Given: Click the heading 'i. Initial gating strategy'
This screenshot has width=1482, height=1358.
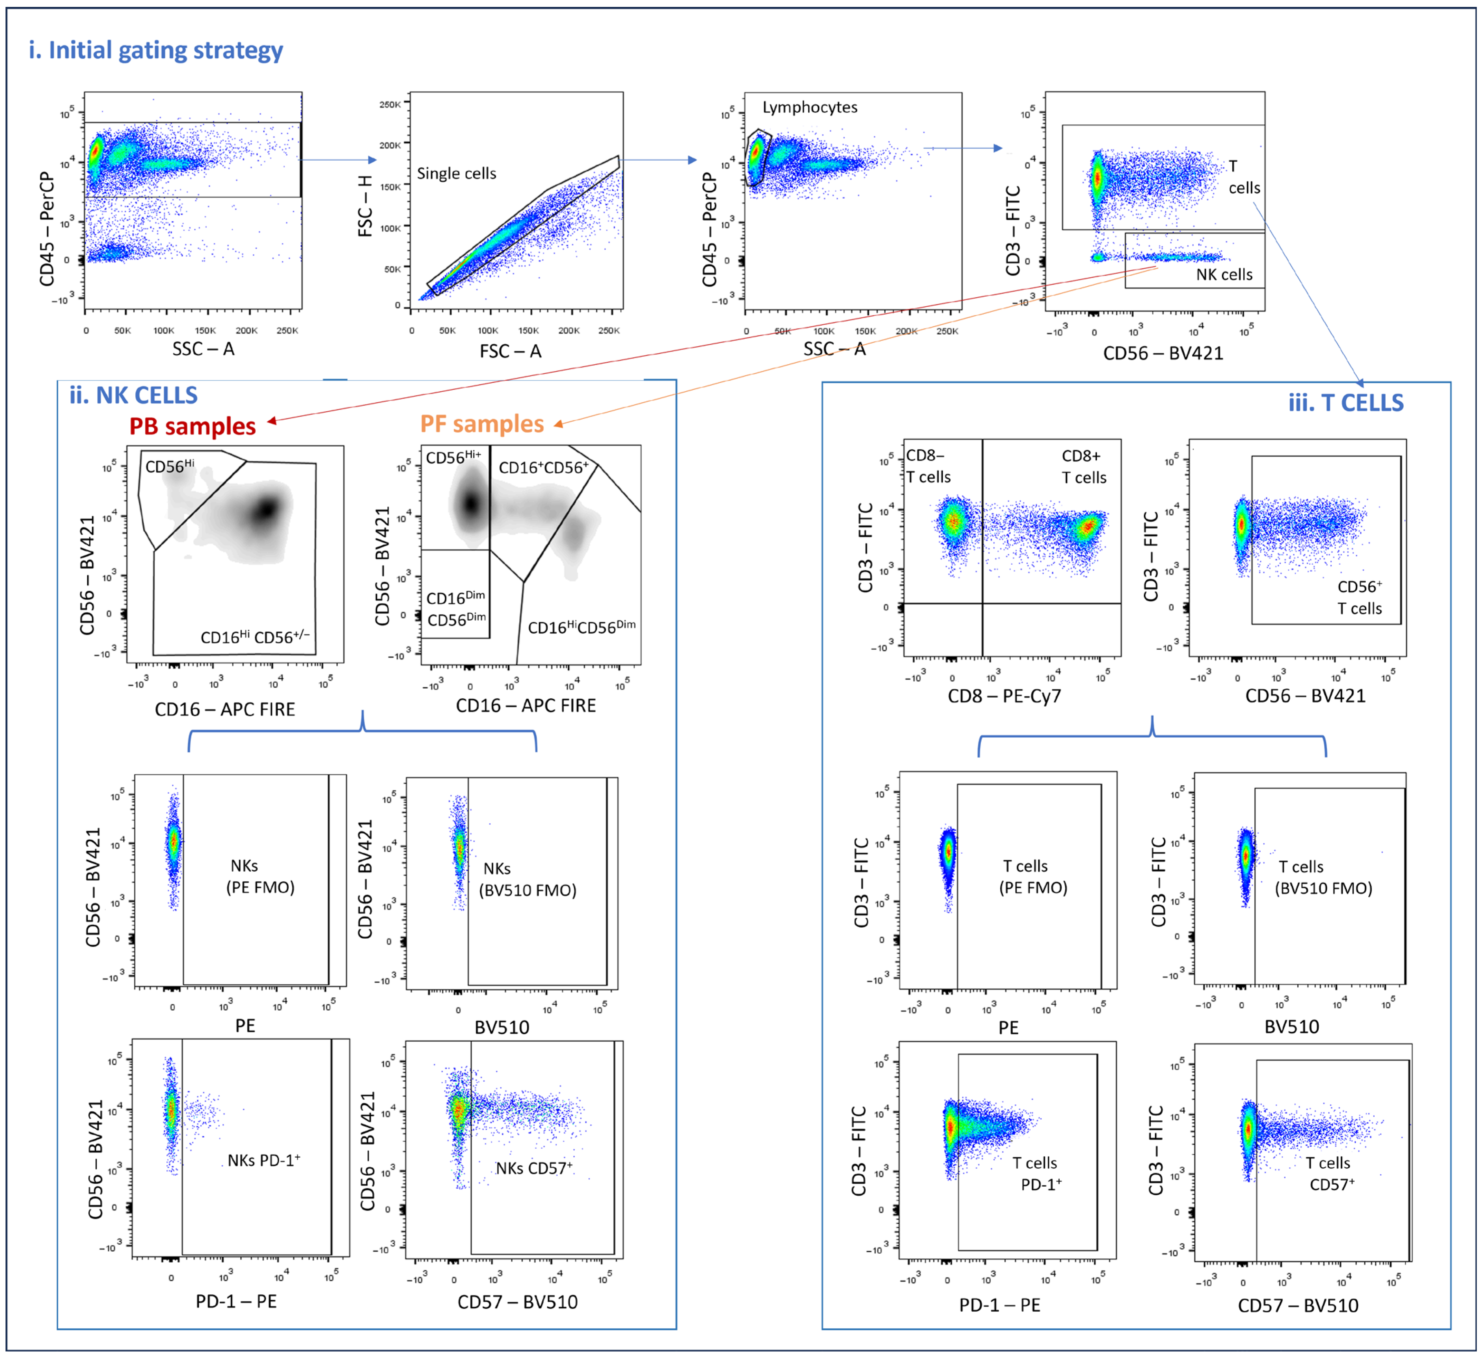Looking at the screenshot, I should (x=156, y=50).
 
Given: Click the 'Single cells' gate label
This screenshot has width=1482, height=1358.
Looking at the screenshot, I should (x=456, y=173).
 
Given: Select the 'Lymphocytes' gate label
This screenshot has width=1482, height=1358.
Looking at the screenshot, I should (x=809, y=107).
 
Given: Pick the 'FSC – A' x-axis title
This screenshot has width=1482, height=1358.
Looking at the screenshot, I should (x=510, y=352).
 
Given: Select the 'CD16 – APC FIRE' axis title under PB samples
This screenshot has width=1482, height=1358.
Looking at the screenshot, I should (x=225, y=709).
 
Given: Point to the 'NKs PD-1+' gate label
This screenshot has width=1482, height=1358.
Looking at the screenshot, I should (x=263, y=1160).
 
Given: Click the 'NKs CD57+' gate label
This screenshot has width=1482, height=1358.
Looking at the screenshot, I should (x=534, y=1168).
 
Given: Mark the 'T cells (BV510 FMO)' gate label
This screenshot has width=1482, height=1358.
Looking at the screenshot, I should (x=1323, y=878).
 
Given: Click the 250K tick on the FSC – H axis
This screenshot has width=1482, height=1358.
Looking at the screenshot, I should (x=389, y=104).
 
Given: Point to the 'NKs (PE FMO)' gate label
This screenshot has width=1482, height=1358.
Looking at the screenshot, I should (x=260, y=877).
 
